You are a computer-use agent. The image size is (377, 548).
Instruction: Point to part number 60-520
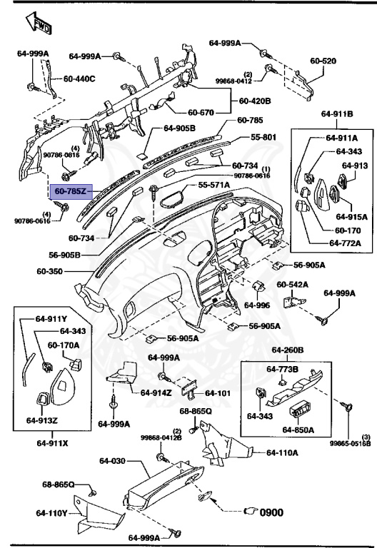point(323,61)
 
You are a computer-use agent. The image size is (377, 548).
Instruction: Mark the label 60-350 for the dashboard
point(51,272)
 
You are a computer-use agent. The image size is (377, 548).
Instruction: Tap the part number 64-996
point(257,305)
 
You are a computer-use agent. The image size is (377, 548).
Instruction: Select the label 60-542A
point(293,284)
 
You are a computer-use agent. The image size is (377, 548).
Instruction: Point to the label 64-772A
point(344,243)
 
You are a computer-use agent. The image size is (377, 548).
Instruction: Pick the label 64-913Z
point(42,420)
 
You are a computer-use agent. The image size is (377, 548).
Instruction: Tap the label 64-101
point(219,392)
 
